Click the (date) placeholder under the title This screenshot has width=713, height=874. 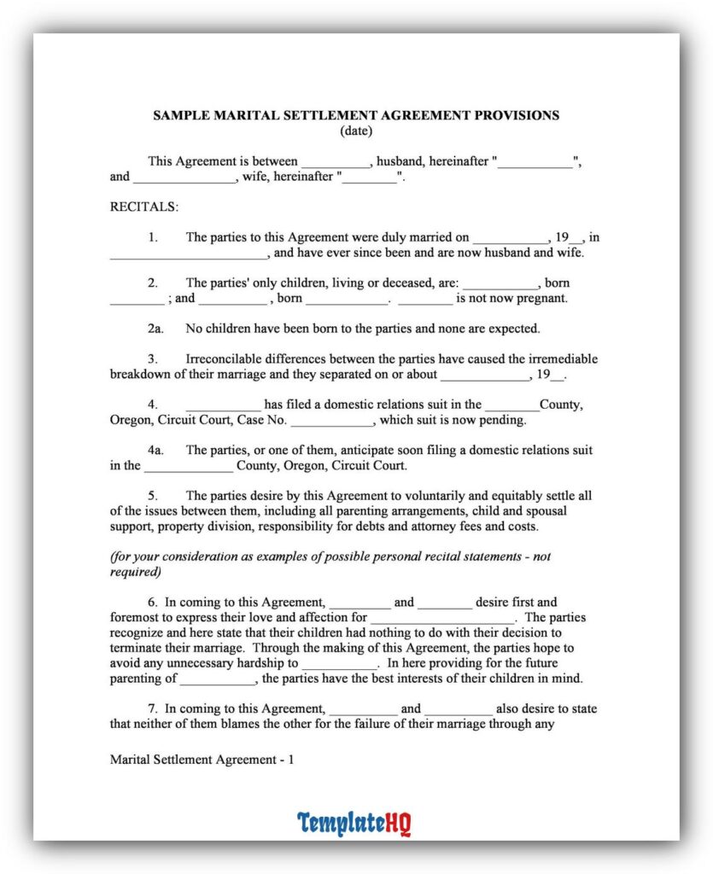[x=356, y=131]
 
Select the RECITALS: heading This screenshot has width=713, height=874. [x=144, y=207]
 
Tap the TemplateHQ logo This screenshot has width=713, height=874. [x=354, y=824]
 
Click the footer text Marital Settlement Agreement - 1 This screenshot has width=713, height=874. [x=202, y=759]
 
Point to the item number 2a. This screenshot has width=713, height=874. [x=155, y=328]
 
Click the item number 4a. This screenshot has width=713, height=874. [x=155, y=450]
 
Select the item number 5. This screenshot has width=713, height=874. [x=152, y=495]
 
